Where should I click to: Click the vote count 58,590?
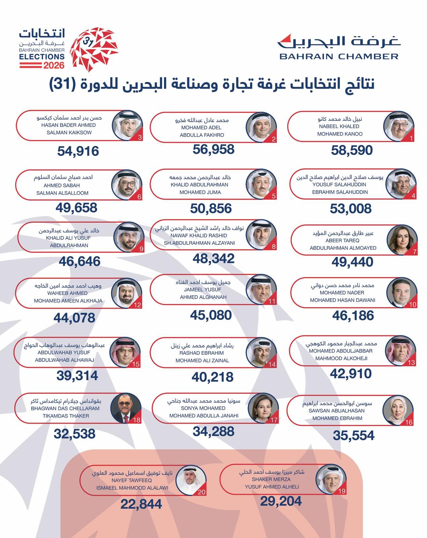[x=352, y=150]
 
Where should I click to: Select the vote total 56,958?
[x=213, y=149]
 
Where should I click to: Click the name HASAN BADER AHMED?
[x=68, y=125]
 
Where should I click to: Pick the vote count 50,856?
[x=211, y=208]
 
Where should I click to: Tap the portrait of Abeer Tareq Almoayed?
[x=401, y=240]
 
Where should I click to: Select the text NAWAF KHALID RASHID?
[x=199, y=235]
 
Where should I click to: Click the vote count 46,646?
[x=79, y=261]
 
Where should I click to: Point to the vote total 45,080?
[x=211, y=315]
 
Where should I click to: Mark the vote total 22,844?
[x=141, y=504]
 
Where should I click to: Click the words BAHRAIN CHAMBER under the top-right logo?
[x=339, y=56]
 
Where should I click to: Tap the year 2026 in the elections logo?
[x=54, y=65]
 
